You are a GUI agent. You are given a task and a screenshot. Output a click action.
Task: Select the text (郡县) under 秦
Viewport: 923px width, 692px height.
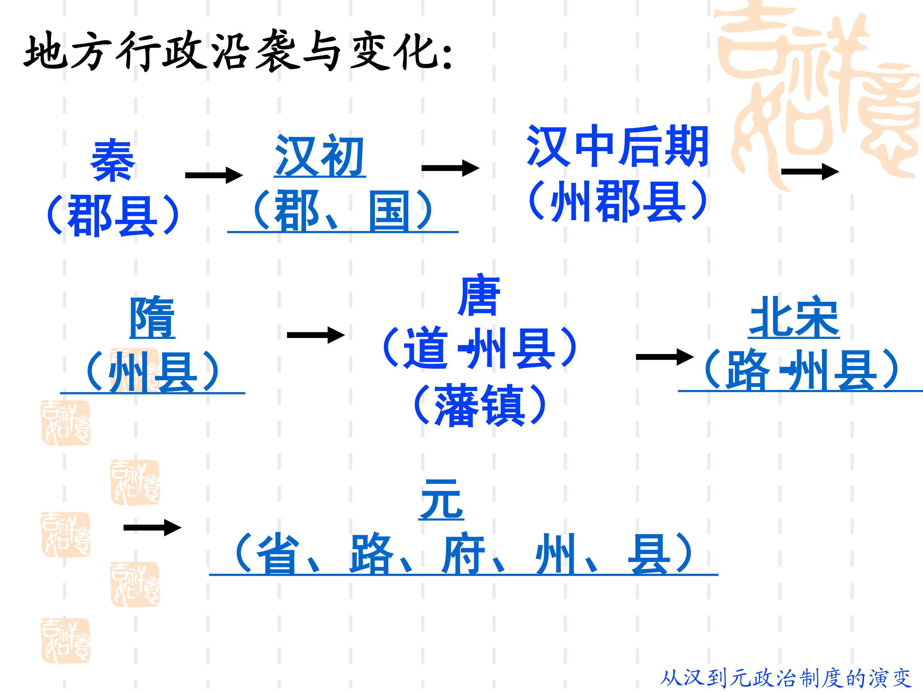pos(113,215)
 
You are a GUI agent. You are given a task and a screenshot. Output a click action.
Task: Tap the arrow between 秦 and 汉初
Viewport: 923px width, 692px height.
pos(214,175)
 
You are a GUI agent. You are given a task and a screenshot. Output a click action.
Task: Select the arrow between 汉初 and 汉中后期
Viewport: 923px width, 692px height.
pos(451,168)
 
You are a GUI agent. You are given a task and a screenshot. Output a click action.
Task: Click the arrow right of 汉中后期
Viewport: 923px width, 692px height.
pos(810,171)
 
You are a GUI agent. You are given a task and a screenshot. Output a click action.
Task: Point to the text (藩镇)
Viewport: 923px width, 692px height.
pos(479,405)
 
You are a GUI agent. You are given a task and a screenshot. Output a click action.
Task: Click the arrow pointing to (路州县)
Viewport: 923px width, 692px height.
pos(665,357)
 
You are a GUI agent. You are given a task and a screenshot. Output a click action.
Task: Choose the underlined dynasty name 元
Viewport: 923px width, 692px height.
pos(441,499)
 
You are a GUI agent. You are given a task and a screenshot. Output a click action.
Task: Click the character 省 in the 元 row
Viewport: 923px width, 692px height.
pos(279,553)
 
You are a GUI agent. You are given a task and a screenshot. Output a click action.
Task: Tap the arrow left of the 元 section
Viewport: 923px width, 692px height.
pos(152,528)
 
